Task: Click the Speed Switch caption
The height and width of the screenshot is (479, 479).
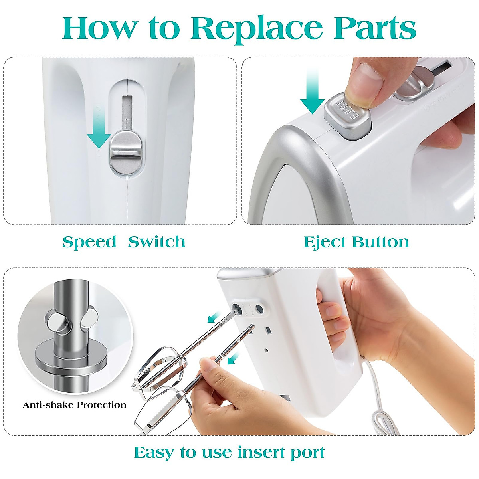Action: [124, 242]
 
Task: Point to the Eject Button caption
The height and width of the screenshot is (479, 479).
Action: [356, 242]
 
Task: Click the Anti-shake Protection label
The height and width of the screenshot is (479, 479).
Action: [74, 405]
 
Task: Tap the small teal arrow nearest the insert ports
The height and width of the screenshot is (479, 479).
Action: [215, 317]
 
